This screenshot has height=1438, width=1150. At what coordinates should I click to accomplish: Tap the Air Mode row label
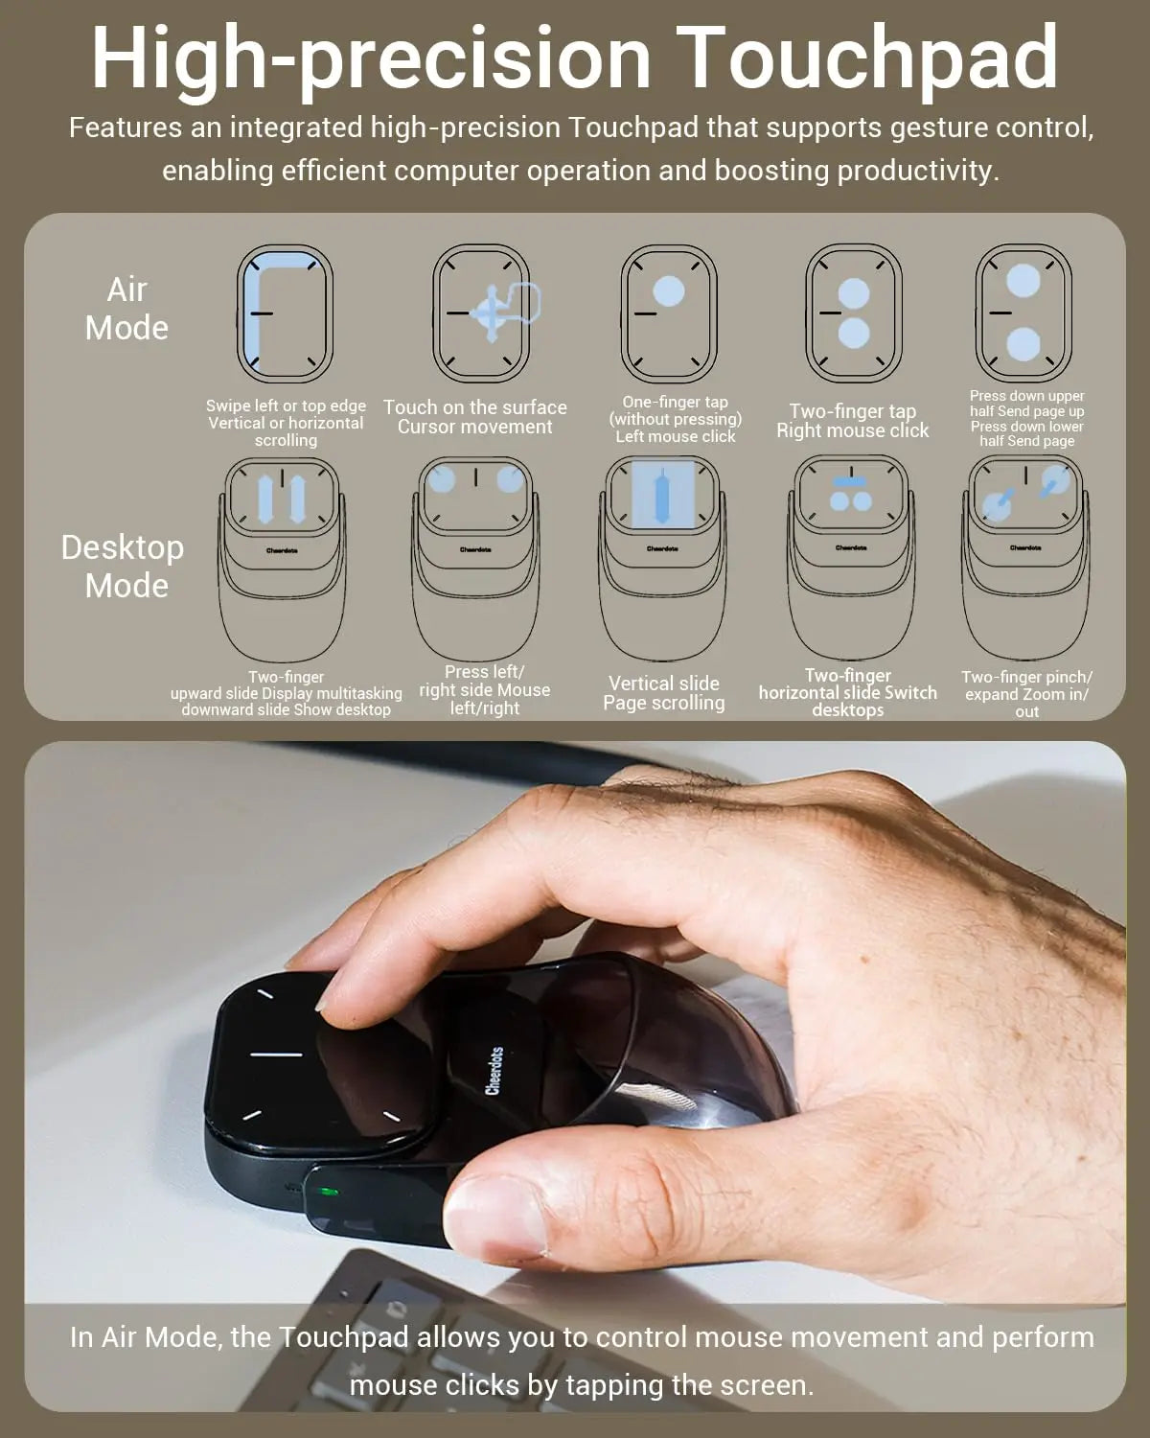click(x=126, y=309)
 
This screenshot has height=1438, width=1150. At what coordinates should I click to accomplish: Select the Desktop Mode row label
click(x=123, y=566)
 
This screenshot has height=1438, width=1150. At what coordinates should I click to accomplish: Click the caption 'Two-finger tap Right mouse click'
click(x=852, y=421)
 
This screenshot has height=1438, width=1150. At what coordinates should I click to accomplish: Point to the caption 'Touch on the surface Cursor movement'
click(x=475, y=417)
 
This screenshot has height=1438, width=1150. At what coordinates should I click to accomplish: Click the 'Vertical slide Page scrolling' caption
click(x=663, y=693)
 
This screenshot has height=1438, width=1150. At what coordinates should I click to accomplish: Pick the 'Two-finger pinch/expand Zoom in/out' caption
click(x=1026, y=694)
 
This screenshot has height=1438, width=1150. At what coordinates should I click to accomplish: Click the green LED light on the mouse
click(x=329, y=1193)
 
